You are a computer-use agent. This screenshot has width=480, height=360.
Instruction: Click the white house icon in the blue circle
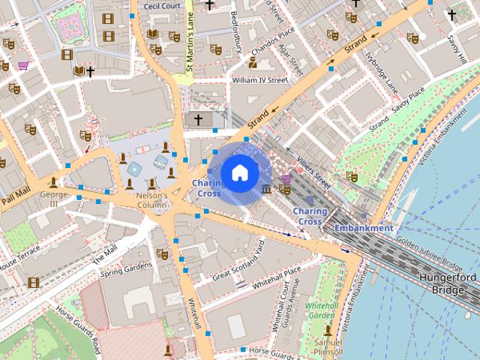click(239, 173)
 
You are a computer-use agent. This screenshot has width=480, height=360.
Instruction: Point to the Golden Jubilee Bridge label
click(430, 253)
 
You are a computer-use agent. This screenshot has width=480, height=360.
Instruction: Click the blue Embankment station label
click(364, 228)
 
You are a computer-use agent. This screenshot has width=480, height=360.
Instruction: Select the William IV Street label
click(259, 79)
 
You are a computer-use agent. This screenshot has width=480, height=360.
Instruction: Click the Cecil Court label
click(162, 6)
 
